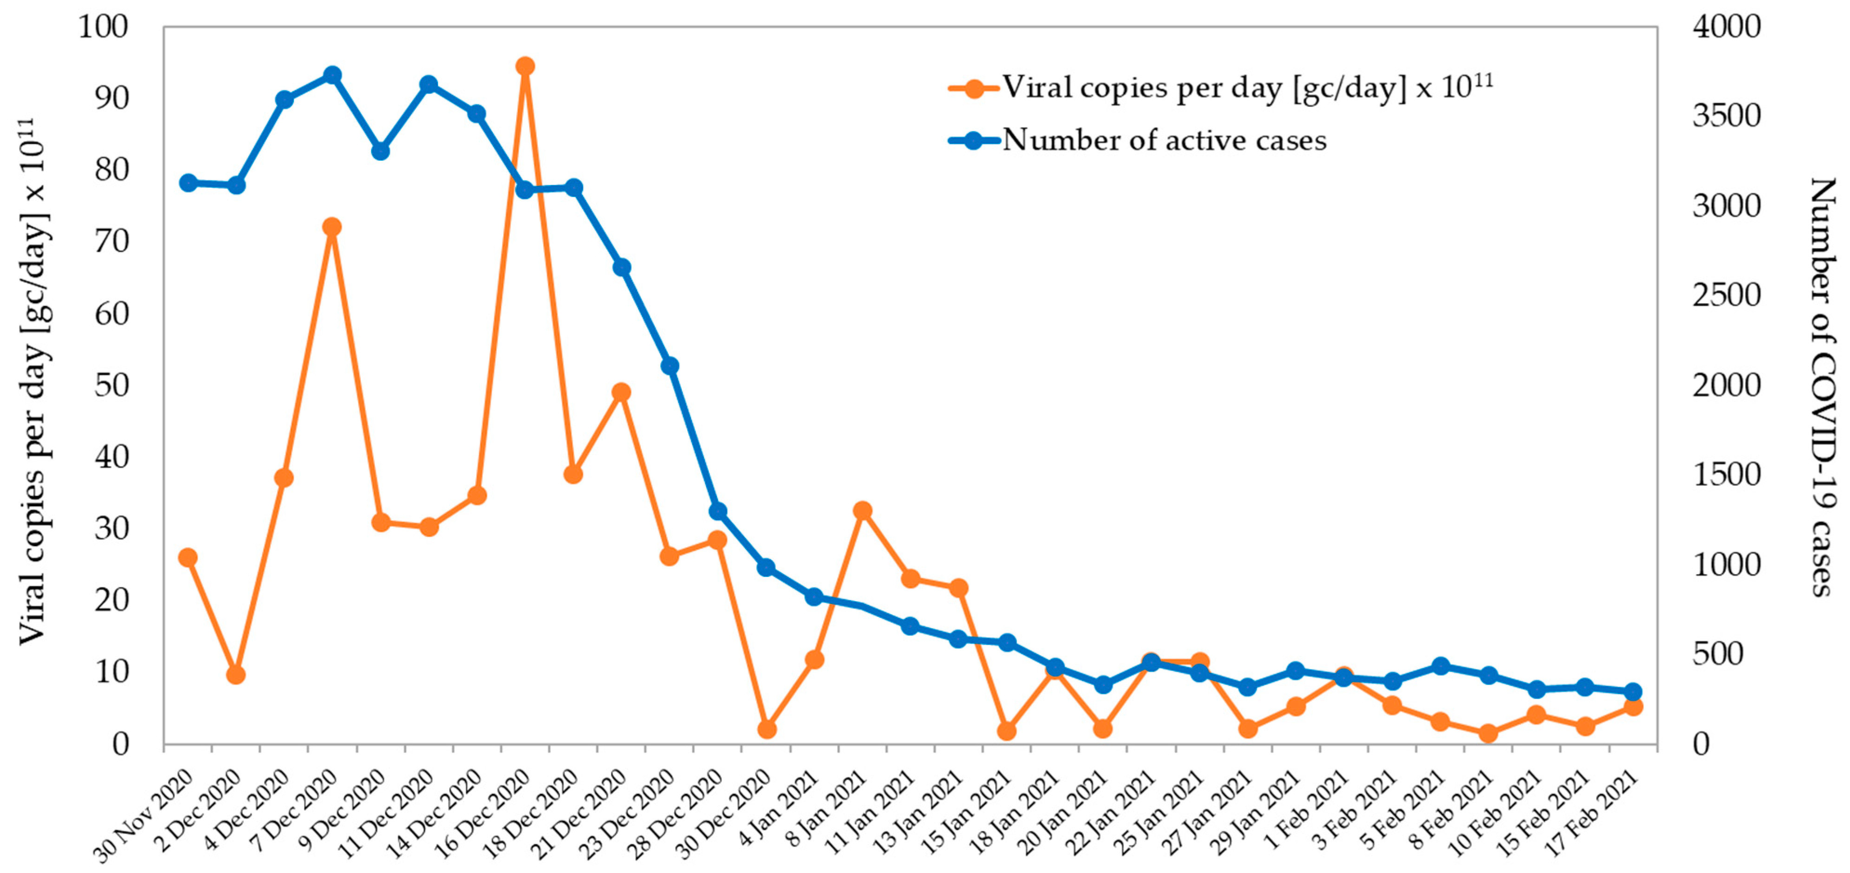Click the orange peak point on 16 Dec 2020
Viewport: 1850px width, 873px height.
pyautogui.click(x=525, y=66)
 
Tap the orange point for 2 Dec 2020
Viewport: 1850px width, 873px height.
pyautogui.click(x=236, y=675)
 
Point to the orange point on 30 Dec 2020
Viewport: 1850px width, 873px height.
pyautogui.click(x=766, y=729)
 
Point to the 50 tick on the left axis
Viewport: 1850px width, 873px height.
pyautogui.click(x=111, y=385)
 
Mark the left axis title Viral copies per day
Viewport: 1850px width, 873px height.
pyautogui.click(x=32, y=381)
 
